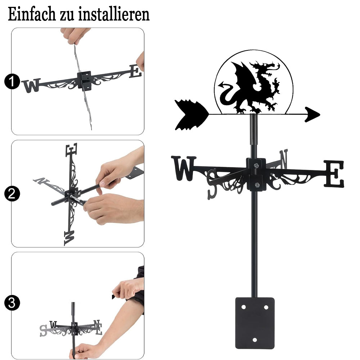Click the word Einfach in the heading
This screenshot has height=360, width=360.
coord(32,14)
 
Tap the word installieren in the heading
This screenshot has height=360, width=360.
coord(114,14)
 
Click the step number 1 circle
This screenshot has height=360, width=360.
coord(12,81)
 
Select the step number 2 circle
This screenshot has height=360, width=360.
coord(12,194)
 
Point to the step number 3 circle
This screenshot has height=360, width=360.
coord(12,303)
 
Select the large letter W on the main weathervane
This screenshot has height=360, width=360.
coord(184,168)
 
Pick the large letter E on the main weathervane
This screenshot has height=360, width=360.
coord(334,174)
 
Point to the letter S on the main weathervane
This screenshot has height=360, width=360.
coord(212,184)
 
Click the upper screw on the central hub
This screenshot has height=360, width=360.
coord(256,165)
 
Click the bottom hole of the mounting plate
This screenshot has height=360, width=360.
coord(255,340)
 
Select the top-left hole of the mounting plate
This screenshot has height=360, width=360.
coord(244,307)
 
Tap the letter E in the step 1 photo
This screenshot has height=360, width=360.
coord(135,71)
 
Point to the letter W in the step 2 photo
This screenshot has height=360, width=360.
coord(69,238)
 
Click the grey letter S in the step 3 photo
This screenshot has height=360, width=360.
coord(43,331)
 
